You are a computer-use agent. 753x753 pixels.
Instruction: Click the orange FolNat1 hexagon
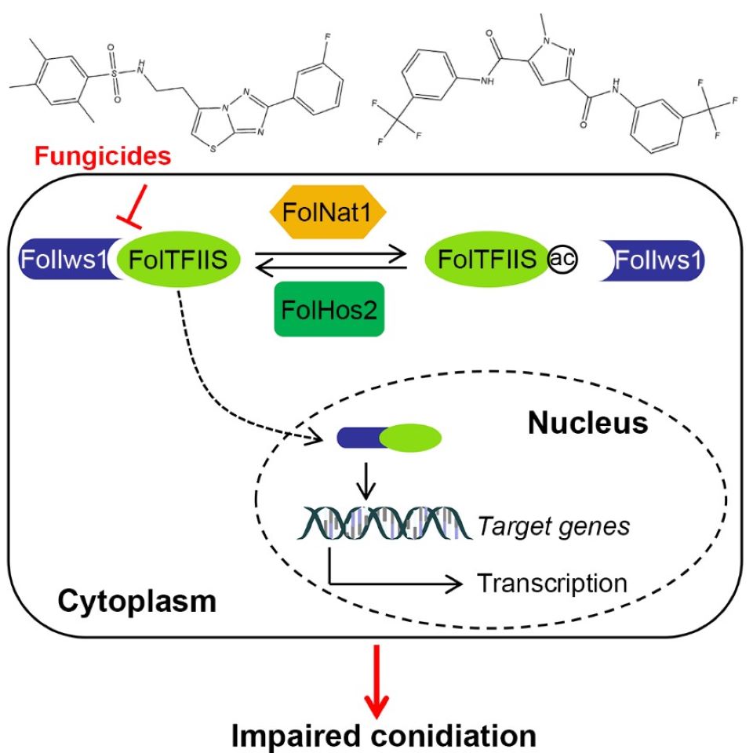pos(331,212)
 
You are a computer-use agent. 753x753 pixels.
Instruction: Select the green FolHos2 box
pos(329,308)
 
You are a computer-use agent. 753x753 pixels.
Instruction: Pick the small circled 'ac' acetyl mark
pos(562,260)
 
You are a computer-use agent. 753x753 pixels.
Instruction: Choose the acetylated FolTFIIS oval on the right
pos(486,260)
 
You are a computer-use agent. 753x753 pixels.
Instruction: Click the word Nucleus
pos(586,424)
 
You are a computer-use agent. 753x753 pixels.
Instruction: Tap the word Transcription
pos(552,583)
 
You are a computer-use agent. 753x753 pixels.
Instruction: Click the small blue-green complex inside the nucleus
pos(388,437)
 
